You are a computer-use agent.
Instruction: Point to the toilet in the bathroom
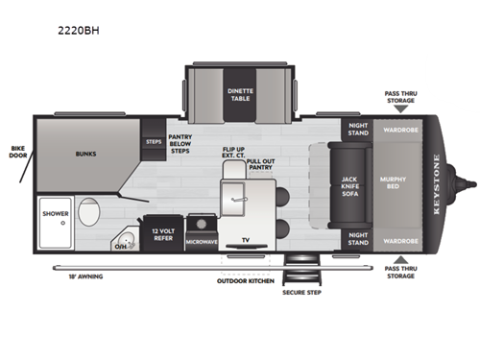[x=88, y=211]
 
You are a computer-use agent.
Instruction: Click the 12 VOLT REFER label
[x=160, y=233]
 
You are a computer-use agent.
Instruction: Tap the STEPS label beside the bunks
[x=154, y=141]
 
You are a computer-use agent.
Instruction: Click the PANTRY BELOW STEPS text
[x=181, y=144]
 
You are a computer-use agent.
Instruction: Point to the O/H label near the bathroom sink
[x=120, y=246]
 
